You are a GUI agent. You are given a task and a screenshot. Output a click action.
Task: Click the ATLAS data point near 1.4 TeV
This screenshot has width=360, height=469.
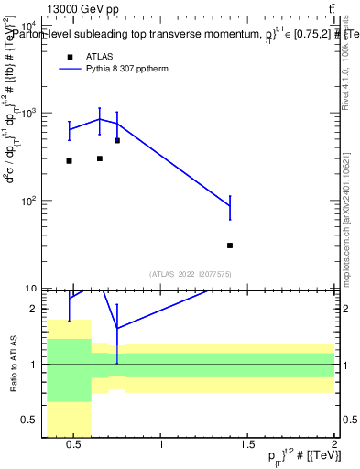pos(230,245)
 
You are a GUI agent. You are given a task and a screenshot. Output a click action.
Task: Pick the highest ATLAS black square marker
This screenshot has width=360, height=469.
pos(117,140)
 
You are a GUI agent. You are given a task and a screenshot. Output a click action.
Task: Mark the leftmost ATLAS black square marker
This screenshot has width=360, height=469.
pos(69,161)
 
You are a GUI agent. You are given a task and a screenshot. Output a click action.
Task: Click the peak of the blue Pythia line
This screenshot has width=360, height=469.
pos(100,119)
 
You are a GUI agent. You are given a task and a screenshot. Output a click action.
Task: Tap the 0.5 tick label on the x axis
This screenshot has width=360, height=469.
pos(75,446)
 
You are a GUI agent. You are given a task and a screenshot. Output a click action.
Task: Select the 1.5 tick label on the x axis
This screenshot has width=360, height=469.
pos(247,446)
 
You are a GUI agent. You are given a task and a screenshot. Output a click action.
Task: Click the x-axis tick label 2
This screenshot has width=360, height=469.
pos(333,446)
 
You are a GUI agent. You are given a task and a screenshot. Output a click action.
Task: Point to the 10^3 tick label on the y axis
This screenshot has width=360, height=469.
pos(26,112)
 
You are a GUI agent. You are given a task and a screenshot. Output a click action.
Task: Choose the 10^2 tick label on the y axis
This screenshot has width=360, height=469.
pos(26,199)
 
